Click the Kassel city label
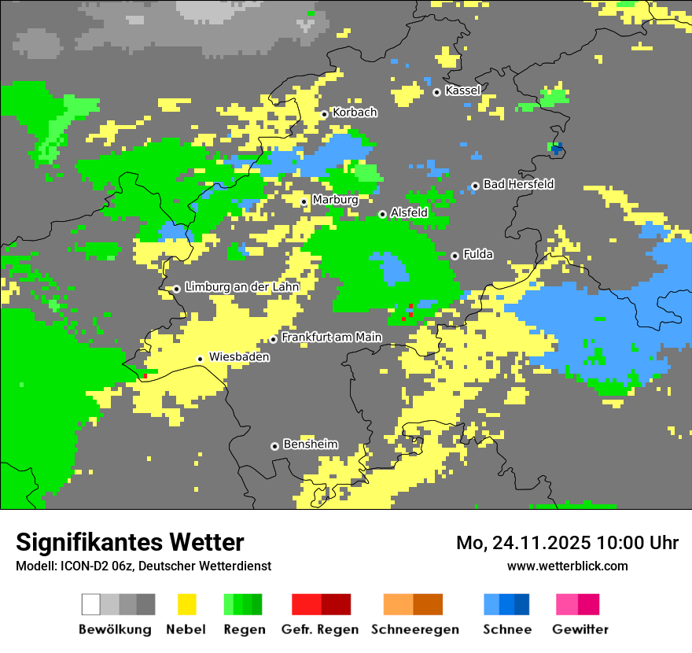[462, 90]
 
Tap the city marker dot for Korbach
[324, 114]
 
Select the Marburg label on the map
[335, 200]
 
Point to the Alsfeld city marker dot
[382, 214]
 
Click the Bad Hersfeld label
[518, 184]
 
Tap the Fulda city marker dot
[455, 256]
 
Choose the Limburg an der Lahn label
[241, 287]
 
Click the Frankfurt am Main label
[331, 338]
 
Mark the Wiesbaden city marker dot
[201, 359]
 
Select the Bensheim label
[310, 445]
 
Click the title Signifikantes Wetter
[130, 542]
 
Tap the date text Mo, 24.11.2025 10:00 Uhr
[567, 543]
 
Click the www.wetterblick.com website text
[567, 566]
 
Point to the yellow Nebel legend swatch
[186, 604]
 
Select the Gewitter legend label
[580, 629]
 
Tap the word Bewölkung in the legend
[115, 629]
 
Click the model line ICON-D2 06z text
[143, 566]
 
